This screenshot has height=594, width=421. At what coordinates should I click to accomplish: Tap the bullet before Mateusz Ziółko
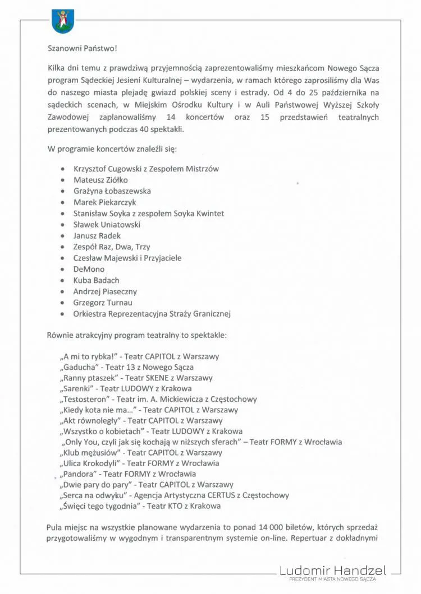[61, 180]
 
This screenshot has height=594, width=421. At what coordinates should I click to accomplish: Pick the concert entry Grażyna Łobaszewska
[112, 191]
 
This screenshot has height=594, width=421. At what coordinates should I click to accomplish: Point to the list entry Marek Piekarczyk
[104, 202]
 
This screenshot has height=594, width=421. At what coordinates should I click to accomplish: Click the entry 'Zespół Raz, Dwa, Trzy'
[111, 247]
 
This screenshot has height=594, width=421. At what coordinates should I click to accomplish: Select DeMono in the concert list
[89, 269]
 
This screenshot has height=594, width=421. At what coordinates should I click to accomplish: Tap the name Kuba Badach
[96, 280]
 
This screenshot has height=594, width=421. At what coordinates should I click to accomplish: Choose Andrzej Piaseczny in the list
[105, 291]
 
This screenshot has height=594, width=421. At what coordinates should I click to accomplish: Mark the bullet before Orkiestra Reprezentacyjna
[61, 314]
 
